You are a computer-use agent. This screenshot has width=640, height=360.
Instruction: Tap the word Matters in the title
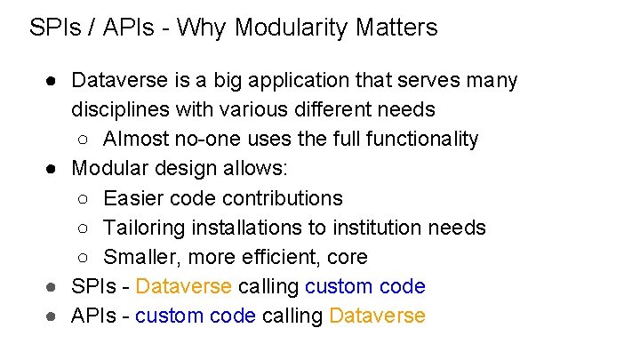point(396,28)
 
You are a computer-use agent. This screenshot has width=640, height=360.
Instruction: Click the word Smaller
point(140,257)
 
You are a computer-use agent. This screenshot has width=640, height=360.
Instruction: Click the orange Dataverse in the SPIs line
point(184,286)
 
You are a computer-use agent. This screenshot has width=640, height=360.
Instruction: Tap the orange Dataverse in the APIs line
point(377,316)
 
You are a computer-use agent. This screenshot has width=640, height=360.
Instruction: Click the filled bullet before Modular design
point(53,169)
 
